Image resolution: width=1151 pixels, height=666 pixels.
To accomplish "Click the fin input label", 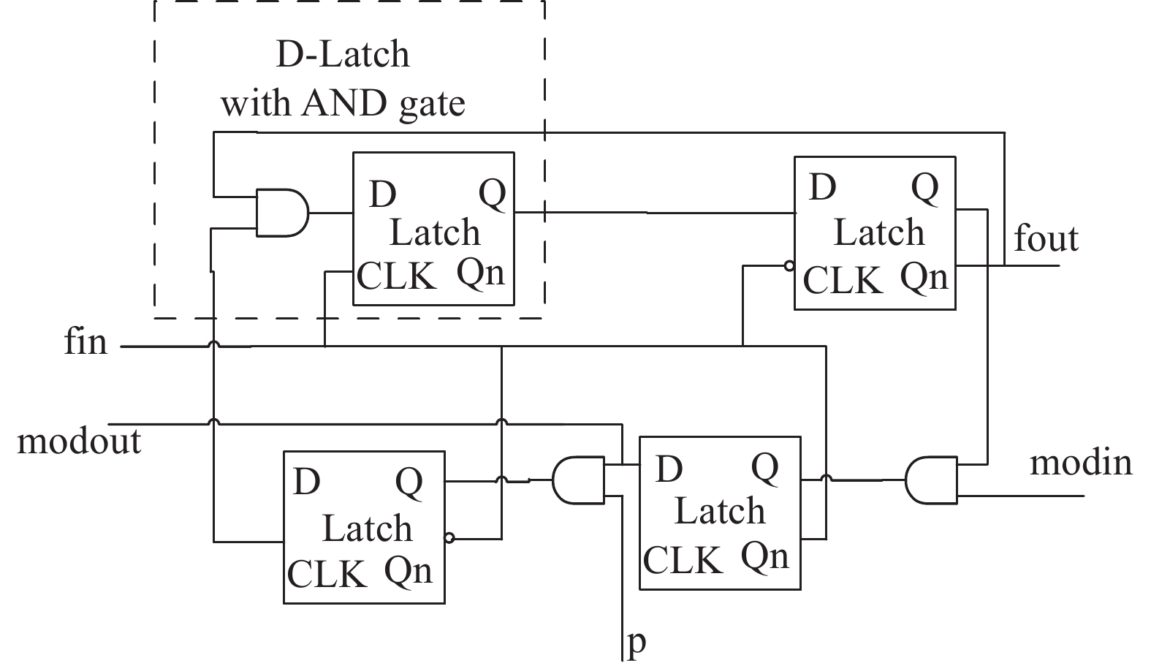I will point(86,342).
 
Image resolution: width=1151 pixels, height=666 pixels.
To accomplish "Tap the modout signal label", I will point(79,442).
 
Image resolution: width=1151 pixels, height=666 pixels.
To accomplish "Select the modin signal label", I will point(1081,463).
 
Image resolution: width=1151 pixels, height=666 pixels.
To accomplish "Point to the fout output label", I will point(1046,238).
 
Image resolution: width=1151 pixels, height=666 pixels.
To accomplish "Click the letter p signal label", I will point(637,643).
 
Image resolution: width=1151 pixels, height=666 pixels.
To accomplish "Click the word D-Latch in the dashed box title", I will point(343,55).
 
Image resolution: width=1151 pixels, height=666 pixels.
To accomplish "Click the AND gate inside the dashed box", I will point(281,213).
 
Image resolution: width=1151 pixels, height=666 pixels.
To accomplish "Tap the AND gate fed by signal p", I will point(578,481).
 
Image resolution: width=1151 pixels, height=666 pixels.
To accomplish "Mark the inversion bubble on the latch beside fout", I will point(789,266).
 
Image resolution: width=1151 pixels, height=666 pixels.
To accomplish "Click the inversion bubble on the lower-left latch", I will point(449,539).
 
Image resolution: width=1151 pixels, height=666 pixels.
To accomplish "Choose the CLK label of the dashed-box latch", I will point(396,277).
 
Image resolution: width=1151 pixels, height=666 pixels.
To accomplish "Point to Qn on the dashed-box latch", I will point(480,273).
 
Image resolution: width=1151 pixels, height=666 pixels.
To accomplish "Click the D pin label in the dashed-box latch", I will point(383,194).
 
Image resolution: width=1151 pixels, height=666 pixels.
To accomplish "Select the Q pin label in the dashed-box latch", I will point(492,194).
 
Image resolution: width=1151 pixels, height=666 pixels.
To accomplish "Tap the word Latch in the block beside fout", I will point(879,233).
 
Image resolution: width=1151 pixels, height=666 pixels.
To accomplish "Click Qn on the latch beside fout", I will point(924,277).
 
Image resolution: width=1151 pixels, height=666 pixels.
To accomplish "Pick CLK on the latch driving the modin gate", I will point(683,560).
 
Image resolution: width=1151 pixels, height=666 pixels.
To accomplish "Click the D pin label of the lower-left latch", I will point(307,482).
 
